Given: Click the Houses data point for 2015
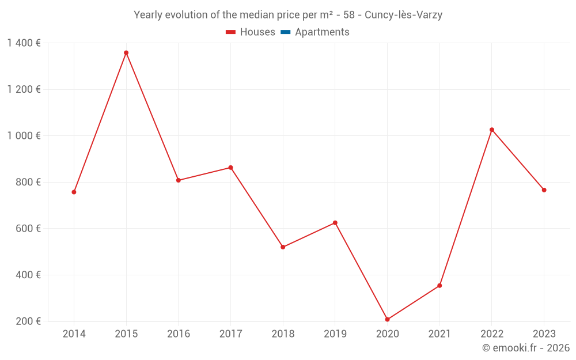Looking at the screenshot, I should (x=126, y=53).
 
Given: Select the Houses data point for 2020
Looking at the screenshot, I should (x=387, y=320).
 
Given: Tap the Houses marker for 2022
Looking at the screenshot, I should (x=492, y=130).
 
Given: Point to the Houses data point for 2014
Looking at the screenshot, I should (x=74, y=192).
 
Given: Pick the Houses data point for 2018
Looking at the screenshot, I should (x=283, y=247).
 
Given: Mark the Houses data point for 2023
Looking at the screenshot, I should (x=544, y=190).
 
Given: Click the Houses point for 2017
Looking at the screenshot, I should (x=230, y=168).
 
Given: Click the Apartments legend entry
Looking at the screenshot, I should (x=322, y=32).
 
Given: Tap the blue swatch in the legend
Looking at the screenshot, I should (x=285, y=32).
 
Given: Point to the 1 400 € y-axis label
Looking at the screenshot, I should (x=24, y=43).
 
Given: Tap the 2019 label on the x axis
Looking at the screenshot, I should (x=335, y=334).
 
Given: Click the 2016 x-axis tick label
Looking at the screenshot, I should (x=178, y=334).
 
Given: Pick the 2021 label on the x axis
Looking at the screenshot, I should (x=439, y=334).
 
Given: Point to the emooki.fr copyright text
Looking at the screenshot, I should (x=526, y=348).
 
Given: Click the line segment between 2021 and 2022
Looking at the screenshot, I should (x=465, y=208).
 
